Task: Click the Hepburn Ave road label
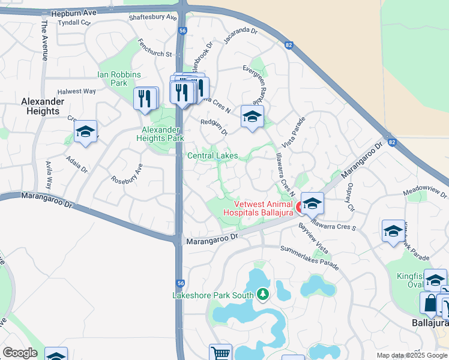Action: [73, 12]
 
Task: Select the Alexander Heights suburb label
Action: [41, 106]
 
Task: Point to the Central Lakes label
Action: [212, 156]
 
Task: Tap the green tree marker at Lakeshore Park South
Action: [262, 294]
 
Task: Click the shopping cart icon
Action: [220, 354]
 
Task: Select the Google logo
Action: [20, 353]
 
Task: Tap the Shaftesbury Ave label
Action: [153, 17]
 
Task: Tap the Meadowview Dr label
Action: [426, 192]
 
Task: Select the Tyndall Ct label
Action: [74, 22]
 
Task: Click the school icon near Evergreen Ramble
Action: [252, 117]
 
